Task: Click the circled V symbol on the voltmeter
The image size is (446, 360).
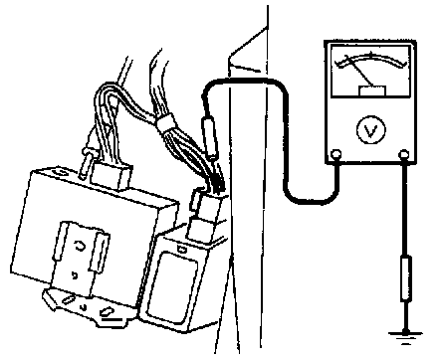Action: click(x=371, y=130)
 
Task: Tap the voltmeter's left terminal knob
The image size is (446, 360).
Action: click(x=336, y=154)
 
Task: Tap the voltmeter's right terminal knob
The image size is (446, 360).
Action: click(x=403, y=154)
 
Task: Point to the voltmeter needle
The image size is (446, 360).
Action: click(x=359, y=71)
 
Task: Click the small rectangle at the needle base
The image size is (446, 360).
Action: click(x=372, y=90)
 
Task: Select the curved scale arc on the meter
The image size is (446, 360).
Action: click(x=371, y=59)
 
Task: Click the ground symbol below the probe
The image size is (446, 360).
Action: click(x=405, y=335)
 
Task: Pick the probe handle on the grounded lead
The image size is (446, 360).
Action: click(x=406, y=278)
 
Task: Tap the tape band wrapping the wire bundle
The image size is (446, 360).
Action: click(x=166, y=122)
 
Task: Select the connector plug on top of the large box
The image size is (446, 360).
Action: click(x=111, y=175)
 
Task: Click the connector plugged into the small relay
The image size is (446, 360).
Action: click(x=207, y=216)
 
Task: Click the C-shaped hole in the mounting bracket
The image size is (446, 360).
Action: click(x=81, y=246)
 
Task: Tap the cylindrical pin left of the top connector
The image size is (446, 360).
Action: click(x=86, y=163)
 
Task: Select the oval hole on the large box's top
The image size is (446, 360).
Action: click(x=61, y=172)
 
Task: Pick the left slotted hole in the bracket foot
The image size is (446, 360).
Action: click(x=68, y=299)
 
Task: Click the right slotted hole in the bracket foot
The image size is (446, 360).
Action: click(x=107, y=311)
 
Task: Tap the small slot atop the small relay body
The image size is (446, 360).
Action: click(x=181, y=249)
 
